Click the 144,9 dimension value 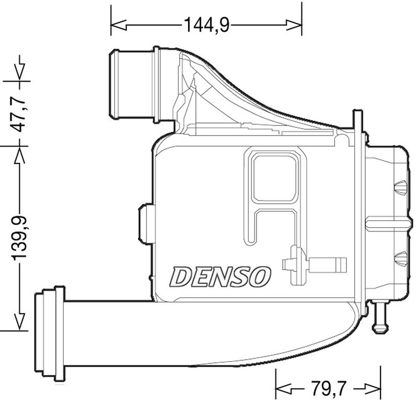coord(206,24)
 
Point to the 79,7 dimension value coord(329,389)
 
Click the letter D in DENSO coord(181,276)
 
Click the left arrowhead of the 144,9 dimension coord(116,24)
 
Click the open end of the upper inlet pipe coord(114,84)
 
